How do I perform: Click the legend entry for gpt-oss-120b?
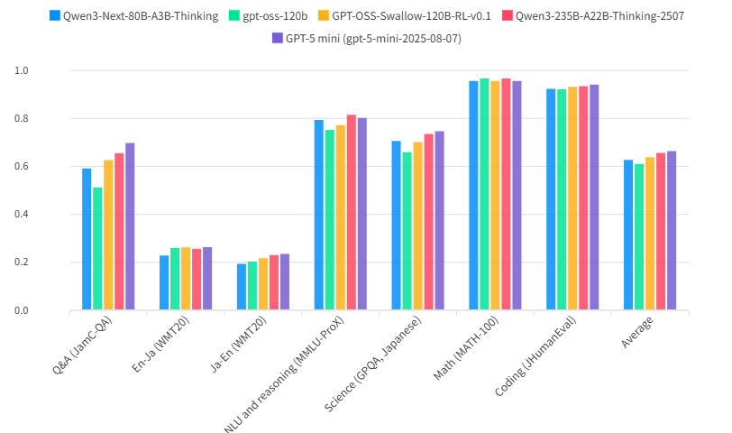270,15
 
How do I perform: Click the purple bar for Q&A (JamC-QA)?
130,226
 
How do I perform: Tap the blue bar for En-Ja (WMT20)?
164,283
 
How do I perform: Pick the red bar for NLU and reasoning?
352,213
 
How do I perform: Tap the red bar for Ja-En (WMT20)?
274,283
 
